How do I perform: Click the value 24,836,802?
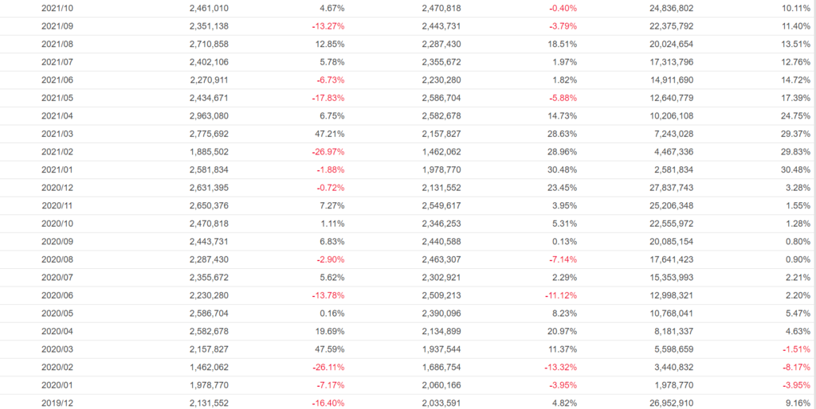(666, 8)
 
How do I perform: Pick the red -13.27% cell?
(329, 26)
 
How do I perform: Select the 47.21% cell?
(331, 134)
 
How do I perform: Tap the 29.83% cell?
(794, 151)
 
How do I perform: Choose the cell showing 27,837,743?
(666, 187)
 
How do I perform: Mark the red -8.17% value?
(794, 367)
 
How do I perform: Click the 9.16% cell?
(796, 403)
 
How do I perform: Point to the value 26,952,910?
(666, 403)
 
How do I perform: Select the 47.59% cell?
(331, 349)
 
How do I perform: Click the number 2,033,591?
(441, 403)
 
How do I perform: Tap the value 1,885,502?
(210, 151)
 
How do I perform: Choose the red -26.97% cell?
(329, 151)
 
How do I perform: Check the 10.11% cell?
(794, 8)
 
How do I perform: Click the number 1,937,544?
(441, 349)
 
